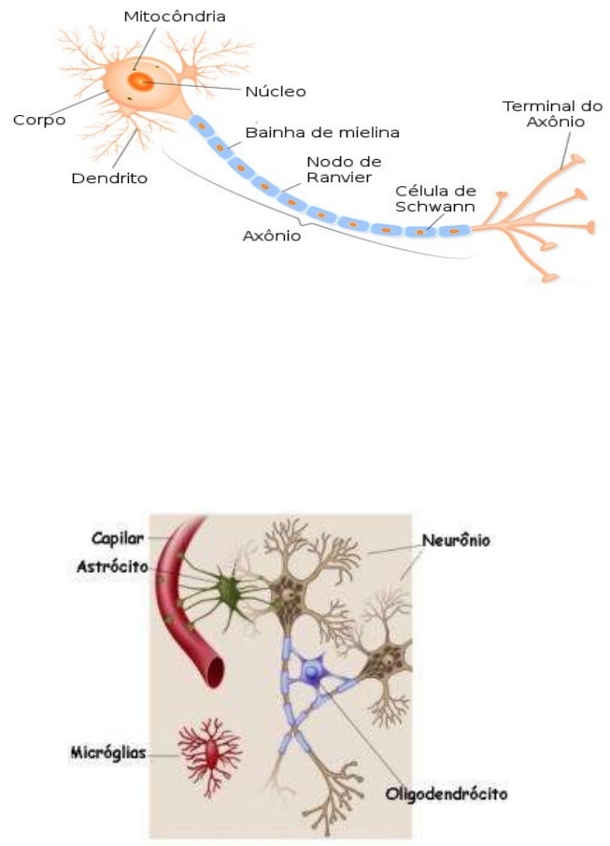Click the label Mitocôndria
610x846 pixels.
175,16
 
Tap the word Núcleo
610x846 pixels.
276,92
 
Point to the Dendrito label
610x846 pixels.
109,177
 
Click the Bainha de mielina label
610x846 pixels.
322,133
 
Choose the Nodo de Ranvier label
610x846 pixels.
344,169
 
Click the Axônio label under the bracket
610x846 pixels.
272,236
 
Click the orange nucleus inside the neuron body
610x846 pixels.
140,82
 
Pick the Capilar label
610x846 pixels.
117,538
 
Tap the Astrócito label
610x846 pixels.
120,566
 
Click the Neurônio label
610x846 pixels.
456,540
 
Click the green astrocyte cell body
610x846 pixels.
227,591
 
